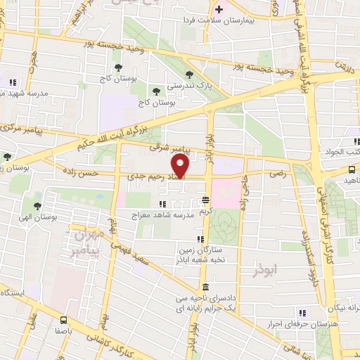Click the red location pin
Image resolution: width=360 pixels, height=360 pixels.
[181, 166]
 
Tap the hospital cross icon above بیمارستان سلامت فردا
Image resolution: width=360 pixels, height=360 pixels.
[219, 10]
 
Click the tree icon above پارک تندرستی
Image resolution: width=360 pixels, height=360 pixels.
[188, 74]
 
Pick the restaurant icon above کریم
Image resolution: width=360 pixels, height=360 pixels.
[205, 199]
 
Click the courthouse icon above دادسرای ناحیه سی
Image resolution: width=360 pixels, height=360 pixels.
[205, 287]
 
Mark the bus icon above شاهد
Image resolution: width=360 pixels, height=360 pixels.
[352, 170]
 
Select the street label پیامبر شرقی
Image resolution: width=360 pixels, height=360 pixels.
[169, 148]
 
